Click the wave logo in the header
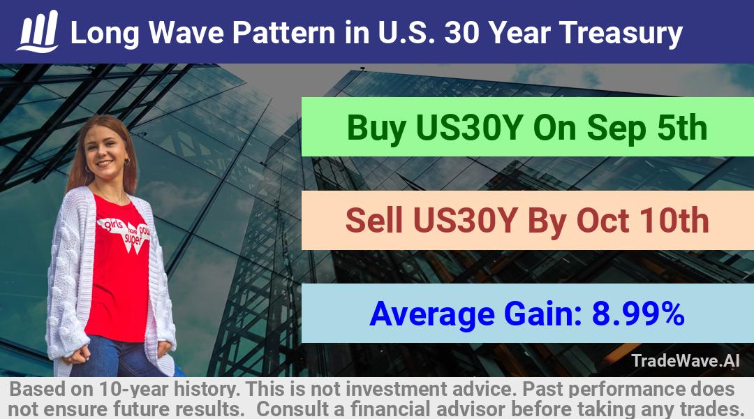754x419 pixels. click(38, 31)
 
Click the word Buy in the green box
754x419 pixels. click(376, 128)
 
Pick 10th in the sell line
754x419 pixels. click(674, 220)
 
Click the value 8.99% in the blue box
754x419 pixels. click(638, 314)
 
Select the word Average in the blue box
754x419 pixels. click(432, 314)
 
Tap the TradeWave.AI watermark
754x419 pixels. click(686, 360)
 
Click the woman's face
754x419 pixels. click(105, 151)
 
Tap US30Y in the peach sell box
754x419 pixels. click(465, 221)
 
